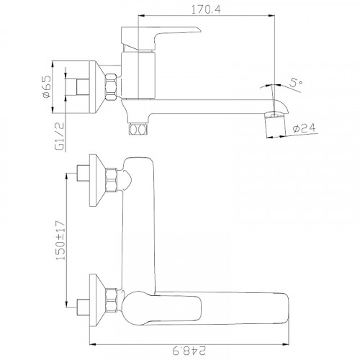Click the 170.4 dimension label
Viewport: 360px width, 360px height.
(x=206, y=10)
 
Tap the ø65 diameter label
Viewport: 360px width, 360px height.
(x=47, y=86)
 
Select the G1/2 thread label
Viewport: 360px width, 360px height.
(x=60, y=136)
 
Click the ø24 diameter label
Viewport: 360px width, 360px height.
(x=304, y=128)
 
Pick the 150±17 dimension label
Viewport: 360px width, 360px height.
(x=60, y=240)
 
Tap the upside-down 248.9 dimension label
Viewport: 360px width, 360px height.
(x=189, y=351)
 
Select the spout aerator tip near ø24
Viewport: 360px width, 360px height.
(x=275, y=125)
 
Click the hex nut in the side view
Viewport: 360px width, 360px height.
(x=111, y=86)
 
